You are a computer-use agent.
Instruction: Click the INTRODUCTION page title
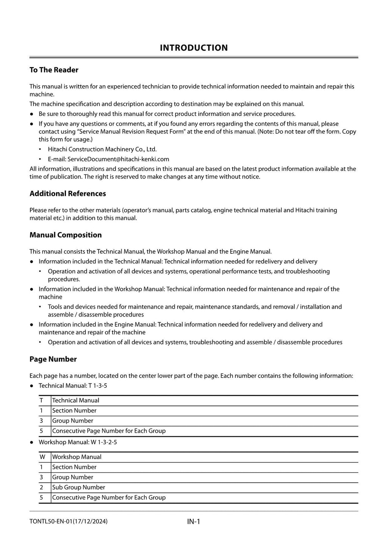194,48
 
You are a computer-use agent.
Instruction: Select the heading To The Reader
54,70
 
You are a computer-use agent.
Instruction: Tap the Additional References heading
68,194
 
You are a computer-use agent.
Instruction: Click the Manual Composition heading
66,235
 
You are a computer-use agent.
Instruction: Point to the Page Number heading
53,359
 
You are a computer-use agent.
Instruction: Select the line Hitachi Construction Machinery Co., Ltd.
102,149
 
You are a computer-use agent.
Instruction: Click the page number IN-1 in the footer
194,521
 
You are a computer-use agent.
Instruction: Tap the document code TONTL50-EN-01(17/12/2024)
69,521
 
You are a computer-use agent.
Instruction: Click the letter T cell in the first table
42,400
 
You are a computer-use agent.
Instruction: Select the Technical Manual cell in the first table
76,400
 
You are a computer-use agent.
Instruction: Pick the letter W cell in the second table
42,457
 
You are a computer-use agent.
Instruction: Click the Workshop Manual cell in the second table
77,457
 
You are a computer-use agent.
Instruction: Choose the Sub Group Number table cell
78,487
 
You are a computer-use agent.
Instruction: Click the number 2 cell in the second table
42,487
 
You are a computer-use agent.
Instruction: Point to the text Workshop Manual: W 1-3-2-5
78,442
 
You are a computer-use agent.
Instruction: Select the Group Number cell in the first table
73,421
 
